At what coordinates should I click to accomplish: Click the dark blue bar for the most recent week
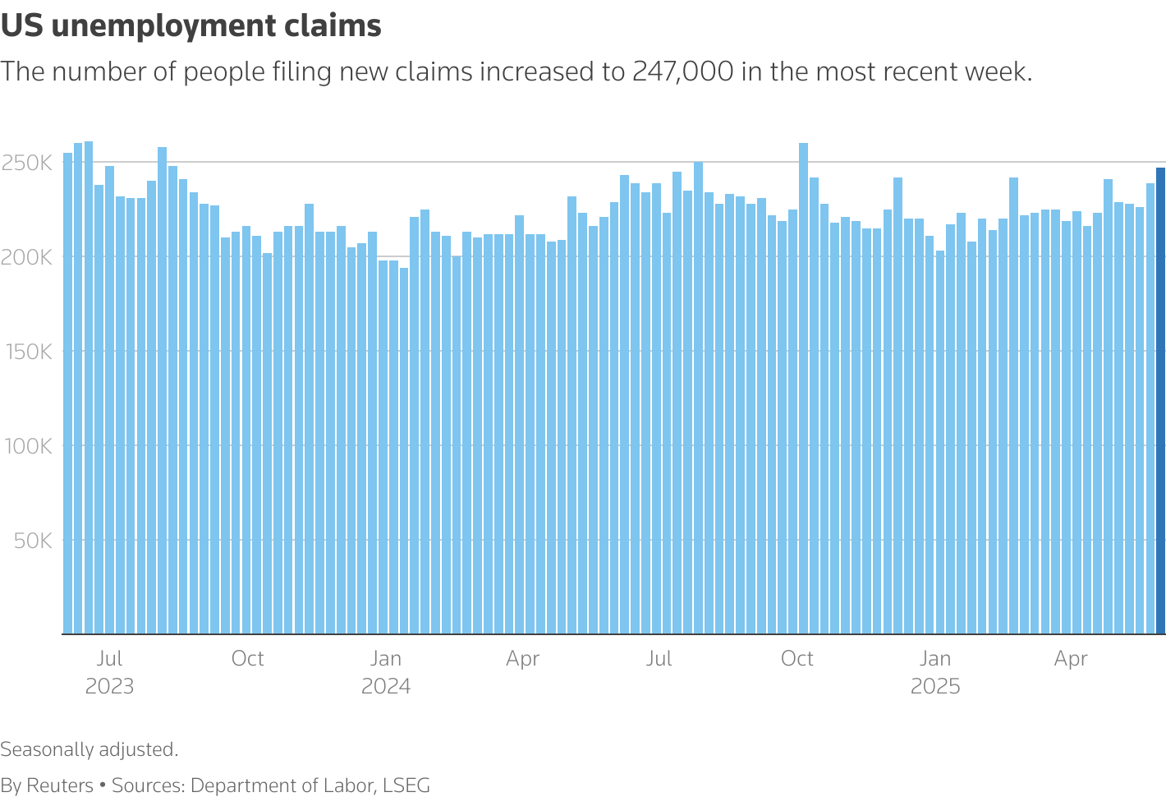click(x=1160, y=403)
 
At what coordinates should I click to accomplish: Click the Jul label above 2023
click(x=109, y=659)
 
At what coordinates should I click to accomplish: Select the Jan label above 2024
click(x=385, y=659)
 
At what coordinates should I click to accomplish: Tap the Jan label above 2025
click(x=935, y=659)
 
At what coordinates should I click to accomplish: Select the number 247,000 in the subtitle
click(x=682, y=72)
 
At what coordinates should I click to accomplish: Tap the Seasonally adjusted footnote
click(x=90, y=749)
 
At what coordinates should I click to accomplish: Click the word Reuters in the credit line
click(x=60, y=785)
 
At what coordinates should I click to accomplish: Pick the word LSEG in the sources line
click(x=406, y=785)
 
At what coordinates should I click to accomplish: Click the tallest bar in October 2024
click(x=803, y=386)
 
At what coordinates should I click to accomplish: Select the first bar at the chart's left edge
click(x=67, y=394)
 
